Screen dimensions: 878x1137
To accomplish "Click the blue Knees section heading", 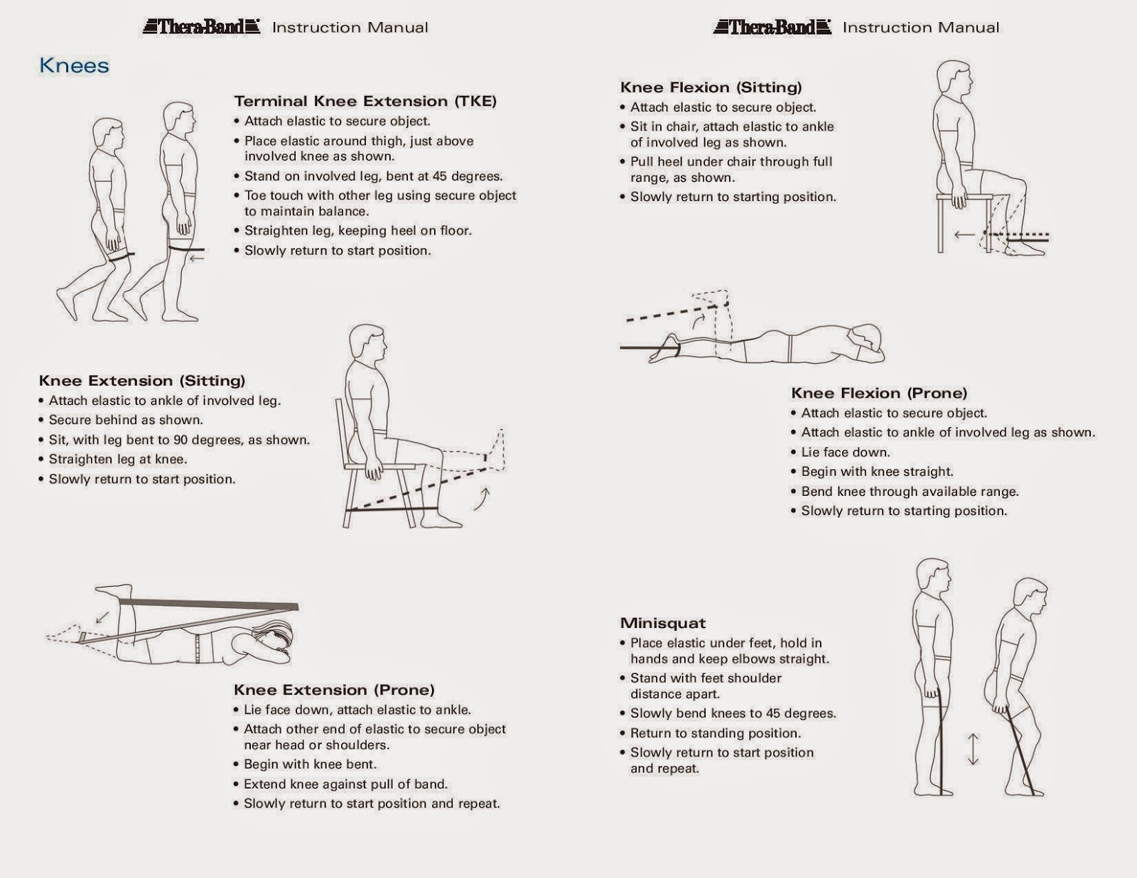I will click(x=74, y=66).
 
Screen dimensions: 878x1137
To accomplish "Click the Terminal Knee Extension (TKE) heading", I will click(x=365, y=101).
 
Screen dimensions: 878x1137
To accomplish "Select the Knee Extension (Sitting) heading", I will click(x=142, y=381).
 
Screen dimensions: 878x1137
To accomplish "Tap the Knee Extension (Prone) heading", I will click(x=334, y=690).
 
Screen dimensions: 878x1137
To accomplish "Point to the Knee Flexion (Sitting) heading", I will click(x=711, y=87).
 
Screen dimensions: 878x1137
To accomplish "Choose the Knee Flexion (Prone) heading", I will click(x=879, y=394).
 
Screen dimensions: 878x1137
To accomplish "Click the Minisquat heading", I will click(x=663, y=624).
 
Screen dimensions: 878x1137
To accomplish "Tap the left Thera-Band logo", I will click(x=201, y=27).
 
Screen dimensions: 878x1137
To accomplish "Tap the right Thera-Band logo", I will click(x=772, y=27).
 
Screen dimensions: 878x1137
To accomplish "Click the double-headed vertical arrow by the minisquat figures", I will click(x=973, y=749).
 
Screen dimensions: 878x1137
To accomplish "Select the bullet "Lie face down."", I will click(x=845, y=452).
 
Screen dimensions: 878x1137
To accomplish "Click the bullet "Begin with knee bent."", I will click(x=310, y=765).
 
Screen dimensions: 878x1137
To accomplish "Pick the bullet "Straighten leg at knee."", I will click(x=117, y=460).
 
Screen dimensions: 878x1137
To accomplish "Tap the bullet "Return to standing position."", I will click(x=715, y=733).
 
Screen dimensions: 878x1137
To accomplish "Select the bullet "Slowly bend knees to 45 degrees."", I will click(x=733, y=714).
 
